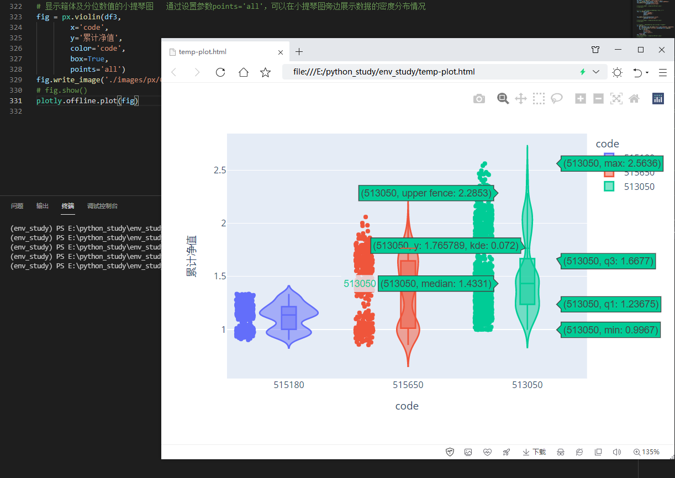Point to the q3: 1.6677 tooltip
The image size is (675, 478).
(609, 261)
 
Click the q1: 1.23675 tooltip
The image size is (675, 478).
(611, 304)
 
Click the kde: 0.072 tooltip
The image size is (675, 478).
(445, 246)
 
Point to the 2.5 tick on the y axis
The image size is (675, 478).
(220, 170)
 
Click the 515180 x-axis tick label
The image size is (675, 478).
(289, 385)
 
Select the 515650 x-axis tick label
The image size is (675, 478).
(408, 385)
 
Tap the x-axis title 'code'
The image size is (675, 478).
(407, 406)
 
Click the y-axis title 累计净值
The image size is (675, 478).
(192, 256)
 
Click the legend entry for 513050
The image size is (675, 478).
(639, 187)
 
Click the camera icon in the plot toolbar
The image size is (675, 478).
(479, 99)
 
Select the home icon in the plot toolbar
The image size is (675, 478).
(634, 99)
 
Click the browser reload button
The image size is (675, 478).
(220, 72)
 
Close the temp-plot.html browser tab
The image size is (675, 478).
(281, 52)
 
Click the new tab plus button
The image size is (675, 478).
(299, 52)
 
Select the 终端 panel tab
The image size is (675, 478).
(68, 206)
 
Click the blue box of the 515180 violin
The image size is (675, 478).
(289, 318)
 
